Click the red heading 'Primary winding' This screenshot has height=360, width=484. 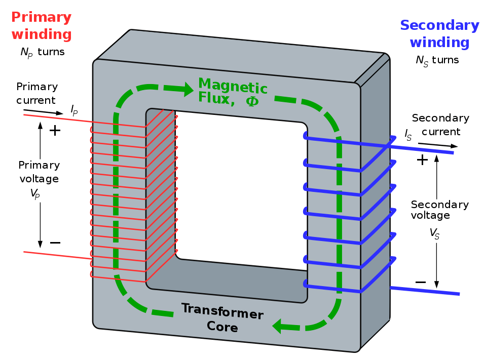pyautogui.click(x=41, y=26)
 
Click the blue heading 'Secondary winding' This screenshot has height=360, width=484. pyautogui.click(x=439, y=33)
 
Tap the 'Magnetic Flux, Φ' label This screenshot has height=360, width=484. pyautogui.click(x=232, y=92)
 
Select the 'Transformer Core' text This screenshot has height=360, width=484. pyautogui.click(x=222, y=317)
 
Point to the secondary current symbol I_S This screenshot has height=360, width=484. pyautogui.click(x=408, y=135)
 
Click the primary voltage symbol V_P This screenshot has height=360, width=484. pyautogui.click(x=35, y=193)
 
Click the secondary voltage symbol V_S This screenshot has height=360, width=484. pyautogui.click(x=434, y=233)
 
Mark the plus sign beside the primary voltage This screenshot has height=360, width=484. pyautogui.click(x=55, y=131)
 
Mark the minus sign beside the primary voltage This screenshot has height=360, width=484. pyautogui.click(x=55, y=243)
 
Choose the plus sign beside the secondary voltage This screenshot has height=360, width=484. pyautogui.click(x=422, y=160)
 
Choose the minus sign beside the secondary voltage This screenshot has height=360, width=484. pyautogui.click(x=420, y=282)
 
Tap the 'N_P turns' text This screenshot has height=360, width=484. pyautogui.click(x=43, y=52)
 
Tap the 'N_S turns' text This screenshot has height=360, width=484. pyautogui.click(x=437, y=60)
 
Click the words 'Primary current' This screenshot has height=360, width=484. pyautogui.click(x=36, y=93)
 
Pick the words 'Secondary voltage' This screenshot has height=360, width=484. pyautogui.click(x=439, y=210)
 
